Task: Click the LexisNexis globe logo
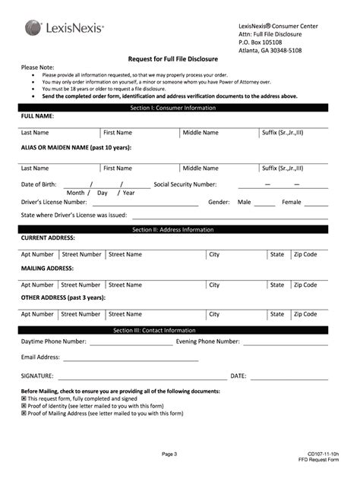(33, 28)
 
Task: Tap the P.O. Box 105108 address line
(260, 42)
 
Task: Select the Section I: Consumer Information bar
(173, 108)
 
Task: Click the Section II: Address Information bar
(173, 229)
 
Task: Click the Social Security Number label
(185, 184)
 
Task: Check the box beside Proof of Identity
(24, 406)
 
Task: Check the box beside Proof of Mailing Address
(24, 414)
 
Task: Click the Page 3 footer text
(169, 454)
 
